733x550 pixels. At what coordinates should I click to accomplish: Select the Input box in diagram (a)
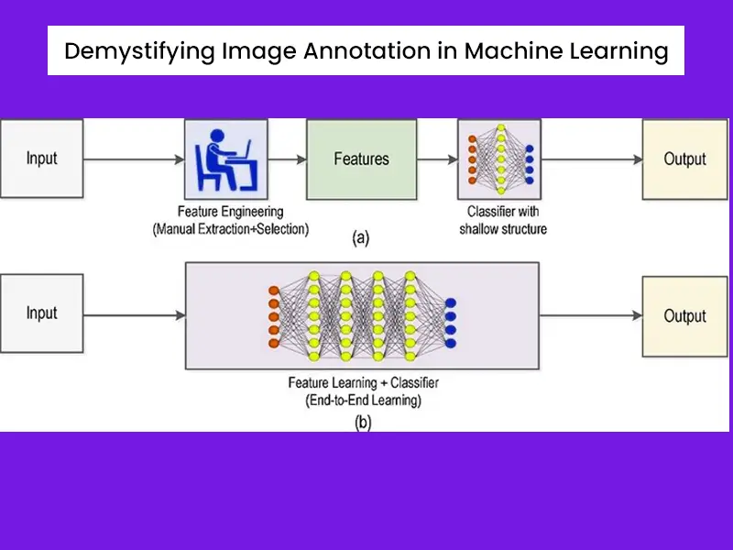tap(41, 159)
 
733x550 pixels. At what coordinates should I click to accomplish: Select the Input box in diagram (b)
tap(41, 313)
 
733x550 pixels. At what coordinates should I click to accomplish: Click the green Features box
tap(361, 159)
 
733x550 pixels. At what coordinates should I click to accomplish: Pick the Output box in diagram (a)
tap(684, 159)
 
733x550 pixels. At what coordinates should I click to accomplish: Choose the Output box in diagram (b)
tap(684, 315)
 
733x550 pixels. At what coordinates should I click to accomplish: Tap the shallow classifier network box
tap(499, 159)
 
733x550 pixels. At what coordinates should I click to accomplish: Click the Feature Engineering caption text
tap(230, 211)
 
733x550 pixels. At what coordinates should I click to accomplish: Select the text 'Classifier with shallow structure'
tap(502, 220)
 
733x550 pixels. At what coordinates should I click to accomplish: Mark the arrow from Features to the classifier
tap(437, 159)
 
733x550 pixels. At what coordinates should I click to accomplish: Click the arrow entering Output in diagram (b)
tap(591, 316)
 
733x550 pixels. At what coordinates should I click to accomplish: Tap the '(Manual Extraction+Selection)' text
tap(230, 228)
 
